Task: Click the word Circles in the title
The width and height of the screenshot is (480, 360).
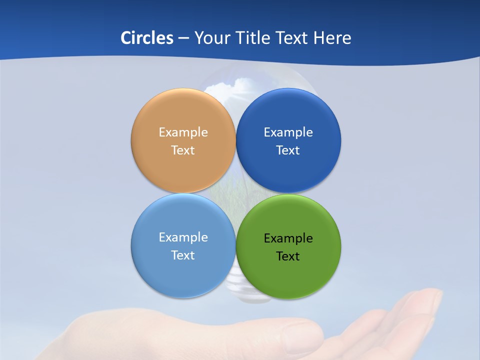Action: point(146,38)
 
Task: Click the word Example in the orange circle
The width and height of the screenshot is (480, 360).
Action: point(183,132)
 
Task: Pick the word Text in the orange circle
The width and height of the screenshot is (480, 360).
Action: point(183,150)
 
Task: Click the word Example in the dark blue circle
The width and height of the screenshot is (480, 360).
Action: point(288,132)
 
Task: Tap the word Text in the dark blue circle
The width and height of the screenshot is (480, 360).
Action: point(288,150)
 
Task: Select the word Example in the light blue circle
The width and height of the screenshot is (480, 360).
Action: point(183,237)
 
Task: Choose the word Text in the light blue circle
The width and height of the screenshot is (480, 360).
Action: point(183,255)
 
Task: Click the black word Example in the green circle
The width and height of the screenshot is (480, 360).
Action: point(288,238)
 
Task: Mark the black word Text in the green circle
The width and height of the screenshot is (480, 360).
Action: point(288,256)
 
